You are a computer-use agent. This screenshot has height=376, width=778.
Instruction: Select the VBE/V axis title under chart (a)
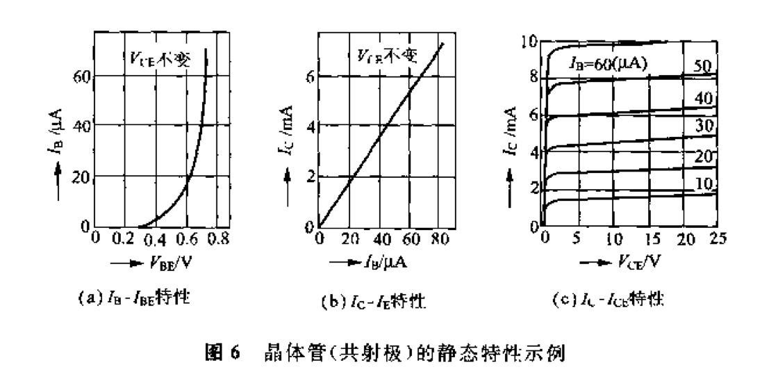coord(171,265)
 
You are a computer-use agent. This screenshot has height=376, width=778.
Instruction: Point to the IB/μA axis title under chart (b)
coord(388,265)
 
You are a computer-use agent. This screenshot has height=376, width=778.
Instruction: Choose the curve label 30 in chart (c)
coord(705,128)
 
